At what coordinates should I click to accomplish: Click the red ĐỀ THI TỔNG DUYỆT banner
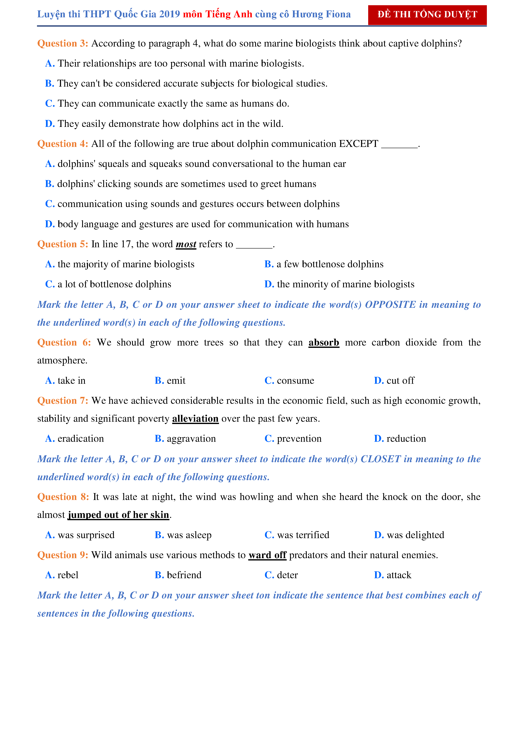coord(427,15)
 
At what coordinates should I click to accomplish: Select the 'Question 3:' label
coord(62,43)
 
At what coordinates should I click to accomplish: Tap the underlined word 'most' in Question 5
coord(186,244)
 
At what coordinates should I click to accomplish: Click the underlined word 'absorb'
coord(324,342)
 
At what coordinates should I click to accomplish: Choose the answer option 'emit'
coord(176,380)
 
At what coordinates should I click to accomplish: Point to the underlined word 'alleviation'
coord(195,419)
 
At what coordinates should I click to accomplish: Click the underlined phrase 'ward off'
coord(267,555)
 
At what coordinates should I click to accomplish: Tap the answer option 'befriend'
coord(184,575)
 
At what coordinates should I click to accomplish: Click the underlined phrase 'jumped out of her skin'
coord(118,515)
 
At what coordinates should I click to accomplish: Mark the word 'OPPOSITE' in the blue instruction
coord(390,305)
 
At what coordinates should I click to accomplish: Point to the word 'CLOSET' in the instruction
coord(381,459)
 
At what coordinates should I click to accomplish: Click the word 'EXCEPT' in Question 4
coord(358,144)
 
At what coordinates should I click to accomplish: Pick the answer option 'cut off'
coord(400,380)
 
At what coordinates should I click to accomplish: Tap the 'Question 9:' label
coord(62,555)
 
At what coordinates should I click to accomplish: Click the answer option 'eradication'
coord(80,439)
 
